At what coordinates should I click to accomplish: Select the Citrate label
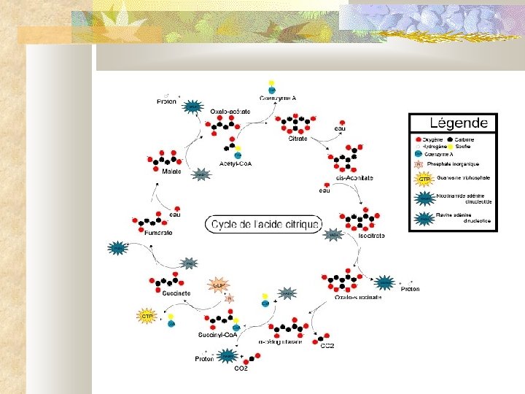point(297,138)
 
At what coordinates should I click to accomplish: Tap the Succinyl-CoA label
point(217,335)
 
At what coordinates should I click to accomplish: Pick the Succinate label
point(176,293)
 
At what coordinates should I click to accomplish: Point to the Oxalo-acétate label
point(230,111)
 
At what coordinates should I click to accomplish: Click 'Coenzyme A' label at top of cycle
point(277,98)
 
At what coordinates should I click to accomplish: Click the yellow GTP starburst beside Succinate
point(147,317)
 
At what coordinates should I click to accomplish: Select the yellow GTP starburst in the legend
point(422,179)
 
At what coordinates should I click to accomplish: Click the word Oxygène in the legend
point(432,139)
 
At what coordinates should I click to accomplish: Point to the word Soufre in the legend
point(469,147)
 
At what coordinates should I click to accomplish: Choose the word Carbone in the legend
point(470,139)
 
